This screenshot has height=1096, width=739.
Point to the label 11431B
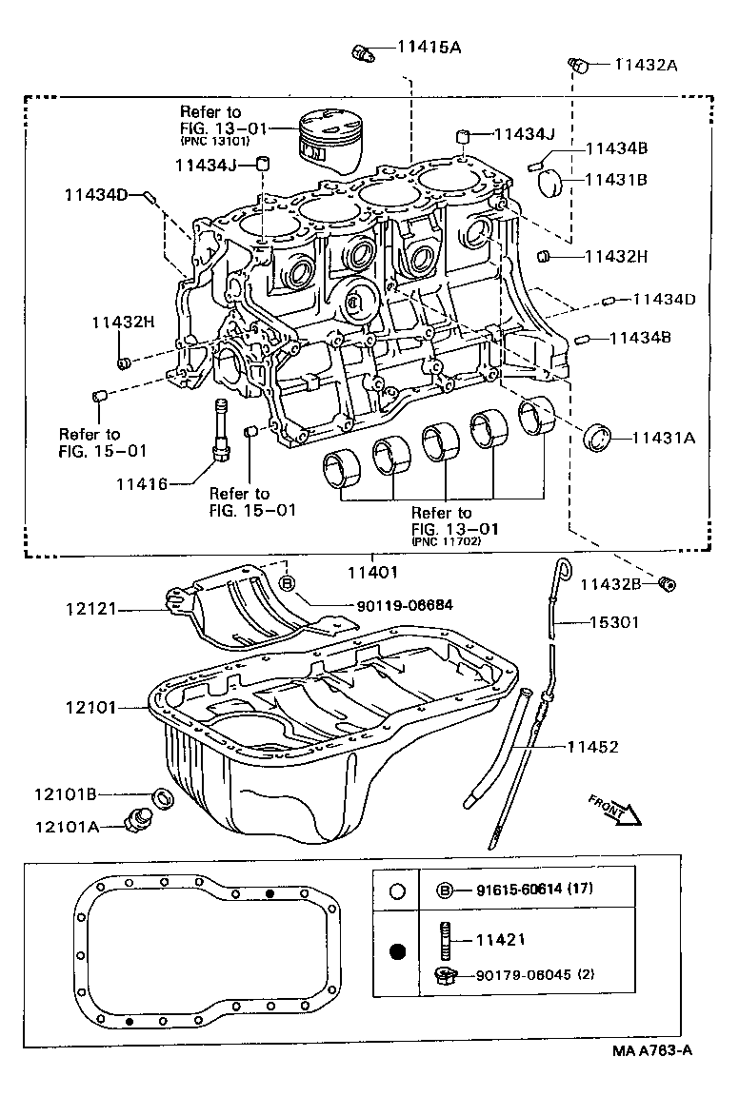coord(615,179)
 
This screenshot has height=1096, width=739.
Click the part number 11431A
coord(663,438)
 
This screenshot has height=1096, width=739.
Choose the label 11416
coord(142,484)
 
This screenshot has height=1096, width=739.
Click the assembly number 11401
coord(370,573)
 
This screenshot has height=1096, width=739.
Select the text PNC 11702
coord(446,541)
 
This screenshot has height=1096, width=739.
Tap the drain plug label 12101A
coord(67,826)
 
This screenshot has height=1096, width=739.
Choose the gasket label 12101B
coord(67,793)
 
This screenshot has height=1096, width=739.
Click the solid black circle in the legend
coord(399,951)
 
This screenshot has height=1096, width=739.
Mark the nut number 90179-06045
coord(525,974)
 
